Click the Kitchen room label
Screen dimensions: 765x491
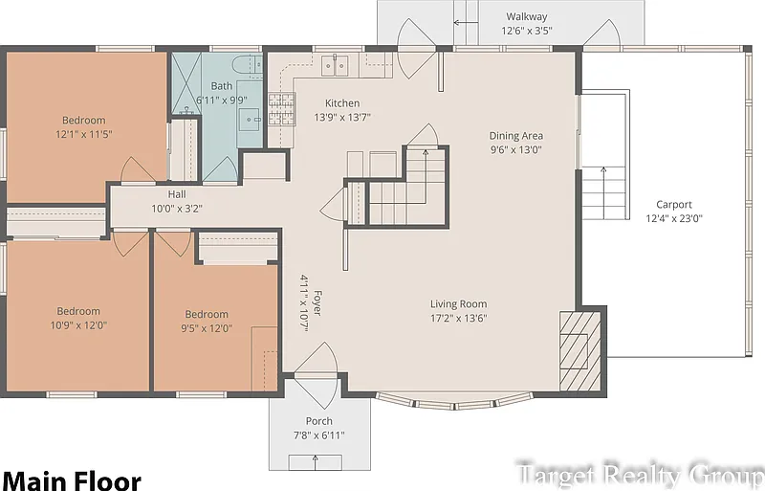tap(342, 103)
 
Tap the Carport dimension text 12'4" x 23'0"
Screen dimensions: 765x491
tap(674, 218)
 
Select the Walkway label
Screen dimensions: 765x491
tap(527, 16)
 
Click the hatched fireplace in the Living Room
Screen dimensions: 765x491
tap(579, 351)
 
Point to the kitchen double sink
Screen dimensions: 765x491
tap(335, 65)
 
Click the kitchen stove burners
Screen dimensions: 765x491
tap(282, 108)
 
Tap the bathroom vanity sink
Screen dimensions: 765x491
tap(249, 120)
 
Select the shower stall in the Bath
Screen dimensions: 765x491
tap(186, 83)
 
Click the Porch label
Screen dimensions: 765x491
tap(319, 421)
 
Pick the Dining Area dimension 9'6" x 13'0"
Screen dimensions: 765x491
tap(516, 149)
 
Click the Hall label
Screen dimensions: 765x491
tap(177, 194)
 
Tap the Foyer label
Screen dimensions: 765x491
tap(317, 302)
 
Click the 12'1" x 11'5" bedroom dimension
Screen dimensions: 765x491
tap(84, 134)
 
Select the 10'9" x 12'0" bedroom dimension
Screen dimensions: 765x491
tap(78, 324)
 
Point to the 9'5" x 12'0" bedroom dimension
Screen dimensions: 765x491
tap(207, 328)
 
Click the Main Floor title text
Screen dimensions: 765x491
tap(72, 480)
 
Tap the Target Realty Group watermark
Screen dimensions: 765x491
tap(640, 475)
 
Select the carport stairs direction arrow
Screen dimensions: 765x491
tap(603, 193)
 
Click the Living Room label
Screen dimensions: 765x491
tap(458, 303)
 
